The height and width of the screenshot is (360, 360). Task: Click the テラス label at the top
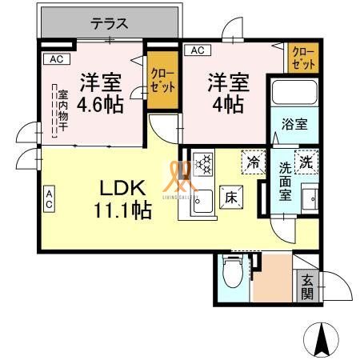(110, 23)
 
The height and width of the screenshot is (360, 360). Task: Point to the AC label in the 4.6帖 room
(54, 58)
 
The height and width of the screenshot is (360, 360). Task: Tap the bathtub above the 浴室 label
(294, 92)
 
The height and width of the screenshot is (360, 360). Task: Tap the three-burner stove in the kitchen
(203, 163)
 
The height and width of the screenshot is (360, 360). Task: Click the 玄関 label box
(306, 286)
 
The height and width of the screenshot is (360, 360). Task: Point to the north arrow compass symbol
(323, 339)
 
